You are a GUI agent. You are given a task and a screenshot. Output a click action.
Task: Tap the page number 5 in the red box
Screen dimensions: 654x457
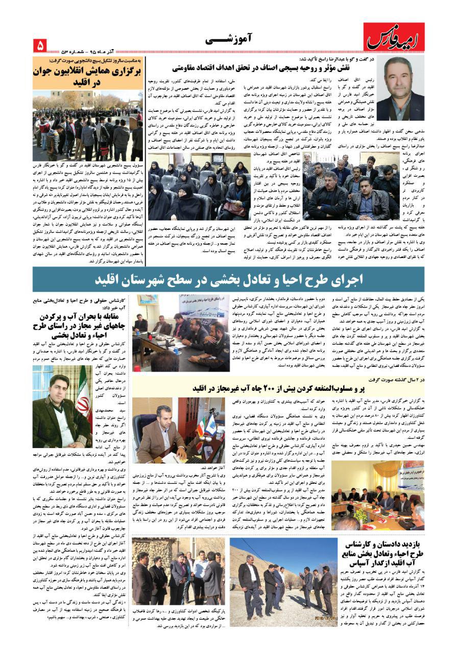(40, 45)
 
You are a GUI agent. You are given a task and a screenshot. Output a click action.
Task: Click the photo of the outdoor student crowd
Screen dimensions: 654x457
(87, 126)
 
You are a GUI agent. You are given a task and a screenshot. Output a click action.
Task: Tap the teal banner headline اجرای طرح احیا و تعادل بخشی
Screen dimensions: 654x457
(229, 279)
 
